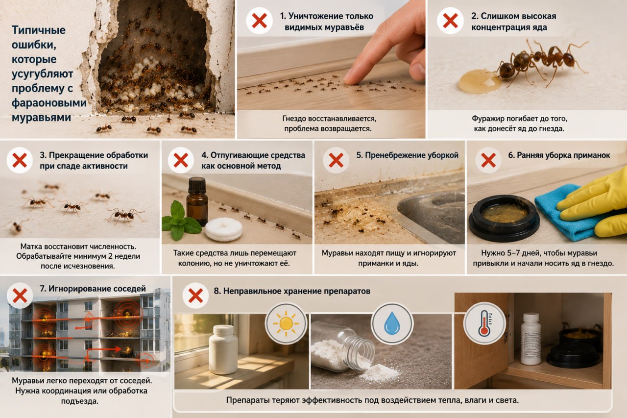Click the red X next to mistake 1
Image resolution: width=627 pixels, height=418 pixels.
259,21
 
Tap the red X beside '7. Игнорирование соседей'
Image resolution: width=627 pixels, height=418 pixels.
20,295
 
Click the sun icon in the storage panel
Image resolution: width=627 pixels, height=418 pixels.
286,323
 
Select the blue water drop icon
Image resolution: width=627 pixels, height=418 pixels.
392,323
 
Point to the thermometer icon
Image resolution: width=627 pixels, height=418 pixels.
484,323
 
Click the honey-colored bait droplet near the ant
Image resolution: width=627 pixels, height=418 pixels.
479,81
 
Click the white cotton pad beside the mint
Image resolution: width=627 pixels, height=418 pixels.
223,229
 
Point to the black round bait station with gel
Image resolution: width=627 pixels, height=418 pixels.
504,218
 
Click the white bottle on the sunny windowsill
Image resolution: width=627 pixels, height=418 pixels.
223,349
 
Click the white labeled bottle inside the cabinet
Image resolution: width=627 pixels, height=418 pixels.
531,339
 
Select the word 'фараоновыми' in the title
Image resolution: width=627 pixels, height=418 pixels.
49,103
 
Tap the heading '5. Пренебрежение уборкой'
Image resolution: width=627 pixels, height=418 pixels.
407,155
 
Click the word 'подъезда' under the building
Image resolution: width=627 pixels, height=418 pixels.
80,401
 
